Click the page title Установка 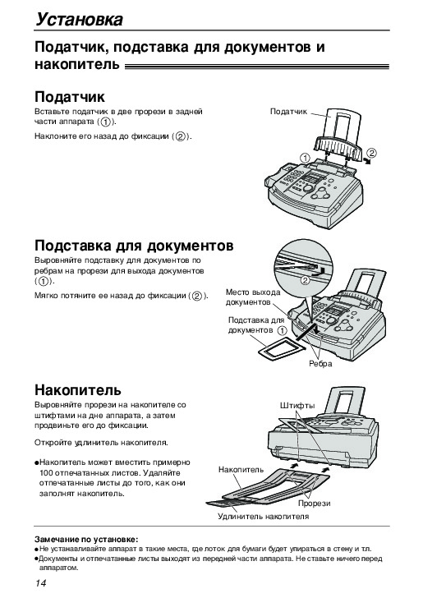click(80, 19)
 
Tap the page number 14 click(41, 583)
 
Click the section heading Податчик click(70, 97)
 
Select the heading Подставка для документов click(134, 246)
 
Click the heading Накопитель click(78, 389)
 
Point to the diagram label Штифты click(297, 406)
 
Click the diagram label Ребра click(320, 364)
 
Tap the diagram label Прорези click(315, 504)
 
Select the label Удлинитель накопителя click(263, 517)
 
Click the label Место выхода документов click(253, 297)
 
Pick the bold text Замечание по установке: click(86, 539)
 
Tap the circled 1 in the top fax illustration click(305, 158)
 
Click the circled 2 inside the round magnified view click(305, 281)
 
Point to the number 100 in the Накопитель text click(45, 473)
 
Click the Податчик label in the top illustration click(288, 112)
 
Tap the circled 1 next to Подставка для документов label click(282, 330)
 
